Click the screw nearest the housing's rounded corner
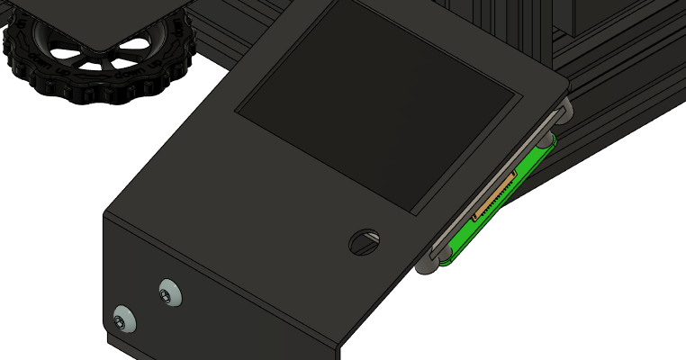pos(123,319)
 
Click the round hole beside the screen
pos(365,240)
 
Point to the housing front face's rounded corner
pos(340,347)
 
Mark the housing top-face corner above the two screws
pos(105,213)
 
